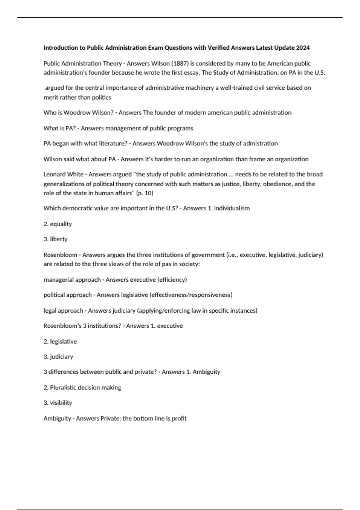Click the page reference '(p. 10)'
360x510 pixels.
(x=145, y=193)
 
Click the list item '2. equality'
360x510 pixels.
(x=58, y=224)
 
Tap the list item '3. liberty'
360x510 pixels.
(x=55, y=239)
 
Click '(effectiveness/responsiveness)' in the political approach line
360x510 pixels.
(x=190, y=295)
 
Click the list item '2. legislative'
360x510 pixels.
(x=60, y=341)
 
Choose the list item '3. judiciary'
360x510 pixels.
(x=58, y=357)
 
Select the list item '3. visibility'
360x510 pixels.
(x=58, y=403)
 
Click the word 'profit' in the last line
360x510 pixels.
(x=179, y=418)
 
